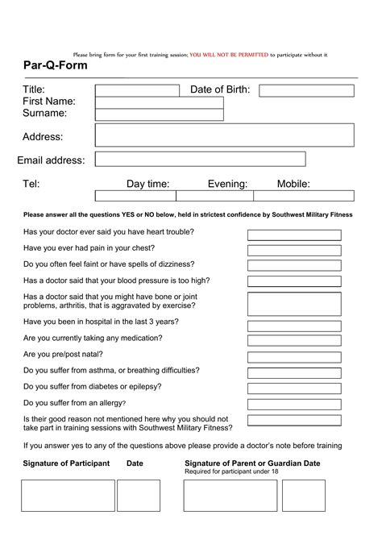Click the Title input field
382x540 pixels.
tap(137, 90)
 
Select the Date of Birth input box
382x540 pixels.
tap(306, 90)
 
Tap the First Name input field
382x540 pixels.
tap(159, 102)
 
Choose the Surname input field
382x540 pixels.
tap(159, 114)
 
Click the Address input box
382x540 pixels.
tap(224, 135)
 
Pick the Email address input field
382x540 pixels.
tap(200, 160)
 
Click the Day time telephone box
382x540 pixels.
tap(135, 195)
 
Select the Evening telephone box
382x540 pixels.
tap(214, 195)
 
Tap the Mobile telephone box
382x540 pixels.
tap(303, 195)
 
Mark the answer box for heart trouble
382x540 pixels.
tap(294, 235)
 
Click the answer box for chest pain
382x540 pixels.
tap(294, 250)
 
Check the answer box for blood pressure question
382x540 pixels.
tap(294, 281)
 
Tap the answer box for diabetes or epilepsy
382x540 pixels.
tap(294, 388)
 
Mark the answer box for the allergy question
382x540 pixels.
tap(294, 404)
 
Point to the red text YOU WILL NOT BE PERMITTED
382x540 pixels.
tap(228, 55)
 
